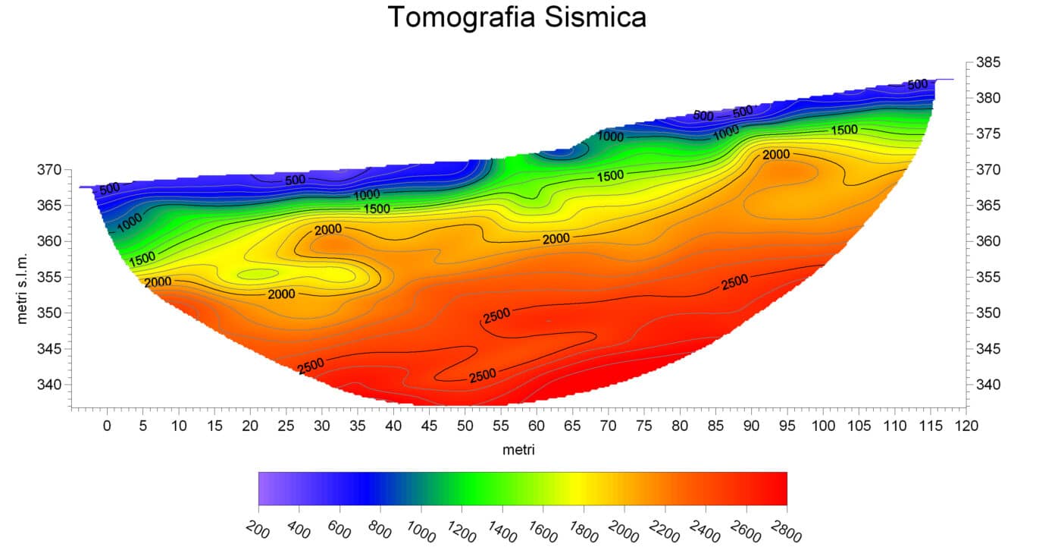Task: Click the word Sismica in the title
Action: click(x=595, y=17)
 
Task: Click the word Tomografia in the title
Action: click(x=462, y=18)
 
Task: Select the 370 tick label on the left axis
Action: click(x=49, y=170)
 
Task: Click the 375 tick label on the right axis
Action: click(x=988, y=134)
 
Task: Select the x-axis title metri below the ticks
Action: click(x=518, y=449)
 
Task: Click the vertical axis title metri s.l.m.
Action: click(x=22, y=288)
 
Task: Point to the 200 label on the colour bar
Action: click(x=258, y=529)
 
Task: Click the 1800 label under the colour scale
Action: click(x=583, y=531)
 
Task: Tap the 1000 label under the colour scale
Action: click(x=421, y=531)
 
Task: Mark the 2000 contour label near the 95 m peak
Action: click(x=776, y=155)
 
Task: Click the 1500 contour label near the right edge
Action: click(x=844, y=130)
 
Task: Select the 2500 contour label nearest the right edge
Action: click(x=734, y=282)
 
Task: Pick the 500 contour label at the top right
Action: click(x=918, y=84)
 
